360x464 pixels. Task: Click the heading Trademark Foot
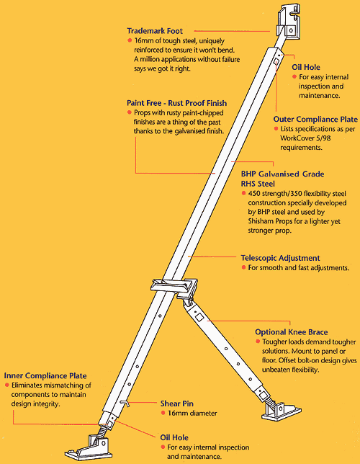[155, 31]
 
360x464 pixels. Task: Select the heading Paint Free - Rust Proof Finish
[177, 103]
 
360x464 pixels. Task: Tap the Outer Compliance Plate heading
[315, 120]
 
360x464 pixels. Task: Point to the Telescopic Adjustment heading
[280, 258]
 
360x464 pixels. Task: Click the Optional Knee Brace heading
[292, 332]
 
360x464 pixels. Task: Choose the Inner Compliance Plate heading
[45, 376]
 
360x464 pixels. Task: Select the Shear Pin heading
[177, 403]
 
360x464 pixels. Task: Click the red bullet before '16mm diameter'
[163, 413]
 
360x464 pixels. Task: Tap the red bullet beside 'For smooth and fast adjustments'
[243, 267]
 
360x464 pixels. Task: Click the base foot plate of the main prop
[89, 447]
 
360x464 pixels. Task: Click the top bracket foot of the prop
[289, 23]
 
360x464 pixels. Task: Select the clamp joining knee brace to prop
[174, 288]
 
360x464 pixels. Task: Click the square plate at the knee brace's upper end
[199, 317]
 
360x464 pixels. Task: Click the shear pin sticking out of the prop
[125, 403]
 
